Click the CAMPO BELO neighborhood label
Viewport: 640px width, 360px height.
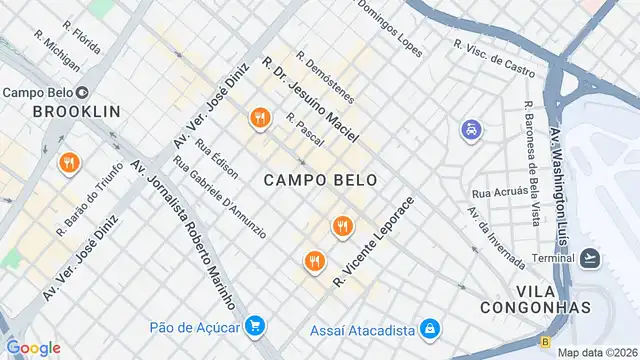321,180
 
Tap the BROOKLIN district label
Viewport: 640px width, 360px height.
76,112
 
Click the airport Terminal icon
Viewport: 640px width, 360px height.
590,258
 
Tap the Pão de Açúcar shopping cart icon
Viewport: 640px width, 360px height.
256,326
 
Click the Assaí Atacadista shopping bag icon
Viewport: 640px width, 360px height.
429,327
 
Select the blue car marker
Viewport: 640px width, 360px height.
470,130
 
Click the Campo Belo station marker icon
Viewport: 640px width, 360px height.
83,93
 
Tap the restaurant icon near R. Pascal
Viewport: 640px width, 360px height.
260,119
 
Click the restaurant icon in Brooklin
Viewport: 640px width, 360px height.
69,163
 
